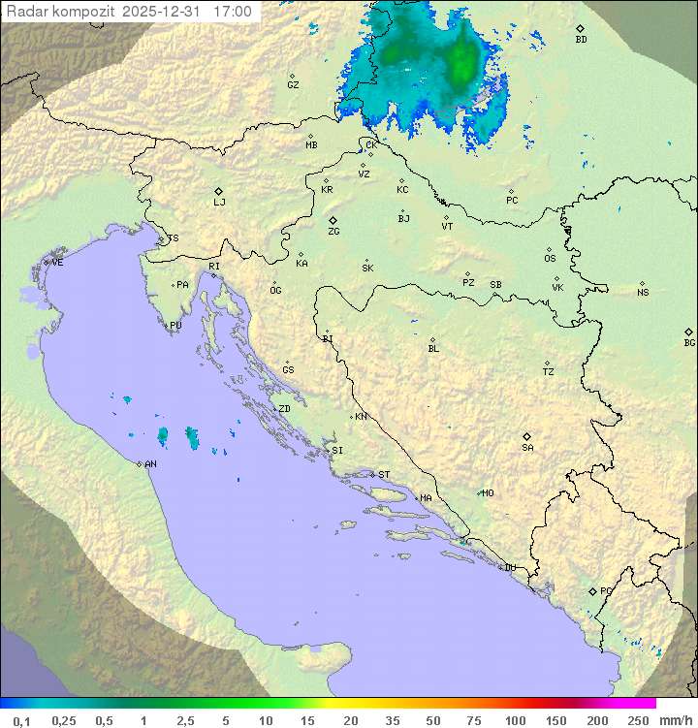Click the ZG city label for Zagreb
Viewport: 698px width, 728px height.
pyautogui.click(x=333, y=232)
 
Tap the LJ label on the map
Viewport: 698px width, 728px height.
pyautogui.click(x=219, y=202)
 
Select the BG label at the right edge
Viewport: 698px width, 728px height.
pyautogui.click(x=689, y=342)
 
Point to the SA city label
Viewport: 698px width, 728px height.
pyautogui.click(x=527, y=447)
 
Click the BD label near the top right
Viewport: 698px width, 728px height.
pyautogui.click(x=581, y=40)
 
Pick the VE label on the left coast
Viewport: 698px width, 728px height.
pyautogui.click(x=57, y=263)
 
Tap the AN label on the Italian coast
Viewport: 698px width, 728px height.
pyautogui.click(x=150, y=464)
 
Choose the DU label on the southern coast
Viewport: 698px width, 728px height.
pyautogui.click(x=509, y=568)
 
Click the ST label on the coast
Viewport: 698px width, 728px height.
pyautogui.click(x=384, y=475)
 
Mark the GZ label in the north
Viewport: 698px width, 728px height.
pyautogui.click(x=293, y=85)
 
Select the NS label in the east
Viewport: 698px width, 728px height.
pyautogui.click(x=643, y=293)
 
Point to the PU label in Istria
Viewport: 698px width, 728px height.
pyautogui.click(x=175, y=326)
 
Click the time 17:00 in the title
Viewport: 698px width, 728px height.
pyautogui.click(x=232, y=12)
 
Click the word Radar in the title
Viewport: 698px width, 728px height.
pyautogui.click(x=26, y=12)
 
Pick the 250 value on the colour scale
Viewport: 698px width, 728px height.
pyautogui.click(x=638, y=720)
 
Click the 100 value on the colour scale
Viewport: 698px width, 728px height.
pyautogui.click(x=515, y=720)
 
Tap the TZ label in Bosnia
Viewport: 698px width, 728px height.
pyautogui.click(x=549, y=371)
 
